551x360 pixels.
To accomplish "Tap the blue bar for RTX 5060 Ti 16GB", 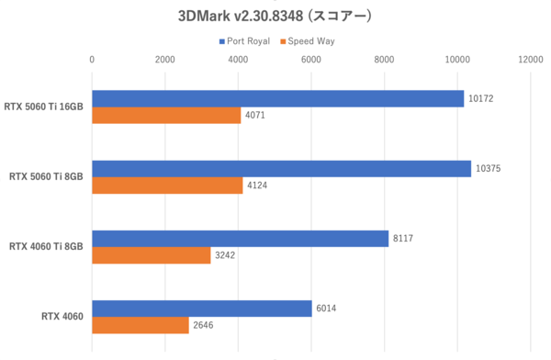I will click(277, 98).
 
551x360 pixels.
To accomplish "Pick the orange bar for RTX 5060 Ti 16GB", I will click(166, 116).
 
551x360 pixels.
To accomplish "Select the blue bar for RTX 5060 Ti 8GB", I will click(281, 169).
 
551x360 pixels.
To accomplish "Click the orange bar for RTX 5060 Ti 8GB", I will click(167, 186).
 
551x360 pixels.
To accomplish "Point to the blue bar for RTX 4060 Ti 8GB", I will click(240, 239).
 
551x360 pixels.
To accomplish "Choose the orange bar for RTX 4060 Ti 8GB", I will click(151, 255).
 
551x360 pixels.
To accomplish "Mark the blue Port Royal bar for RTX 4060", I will click(201, 309).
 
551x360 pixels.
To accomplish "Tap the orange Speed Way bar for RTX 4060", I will click(140, 325).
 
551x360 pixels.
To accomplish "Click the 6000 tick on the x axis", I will click(311, 60).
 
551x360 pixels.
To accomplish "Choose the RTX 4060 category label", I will click(62, 317).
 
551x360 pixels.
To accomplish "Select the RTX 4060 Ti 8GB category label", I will click(46, 247).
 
